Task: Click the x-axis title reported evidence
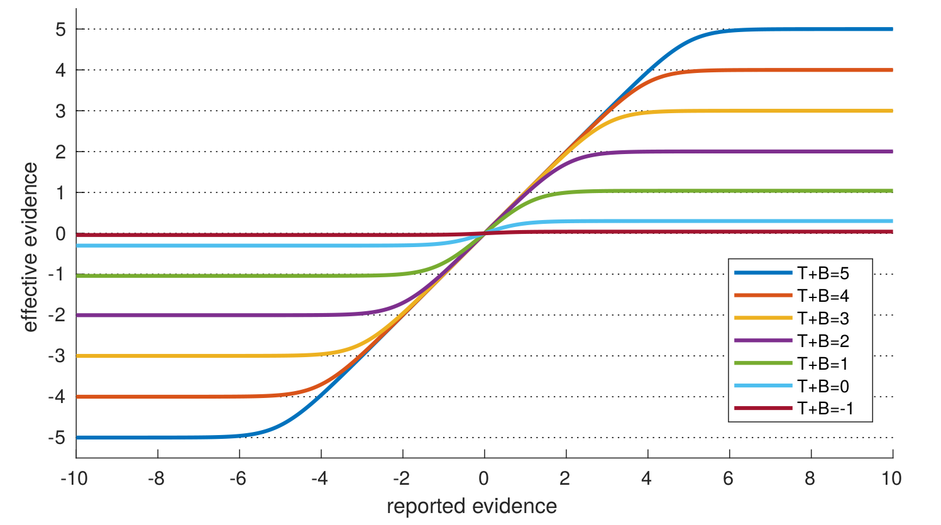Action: (x=471, y=506)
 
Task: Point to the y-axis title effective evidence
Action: (x=30, y=247)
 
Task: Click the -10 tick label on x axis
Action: (x=74, y=478)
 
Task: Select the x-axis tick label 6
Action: (x=728, y=478)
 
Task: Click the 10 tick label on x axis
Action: (x=891, y=478)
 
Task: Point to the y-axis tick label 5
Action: (x=60, y=29)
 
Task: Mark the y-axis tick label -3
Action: (x=57, y=356)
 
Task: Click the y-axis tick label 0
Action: (x=60, y=233)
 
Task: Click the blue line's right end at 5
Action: (x=890, y=29)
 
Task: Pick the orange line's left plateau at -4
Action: (x=157, y=397)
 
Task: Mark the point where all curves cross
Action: (x=485, y=233)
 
